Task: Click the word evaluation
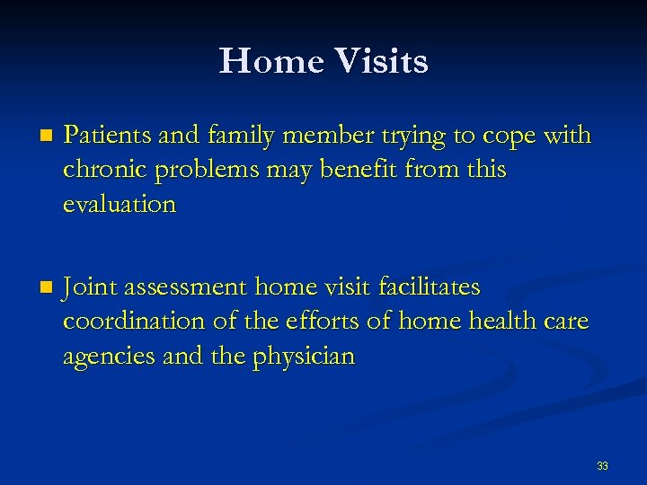pos(120,204)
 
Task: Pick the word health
pos(495,322)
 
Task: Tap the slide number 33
pos(602,466)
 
